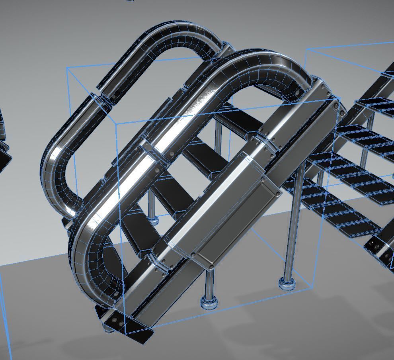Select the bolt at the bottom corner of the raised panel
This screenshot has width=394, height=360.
(x=211, y=266)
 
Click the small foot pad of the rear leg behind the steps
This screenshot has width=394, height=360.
(x=152, y=219)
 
